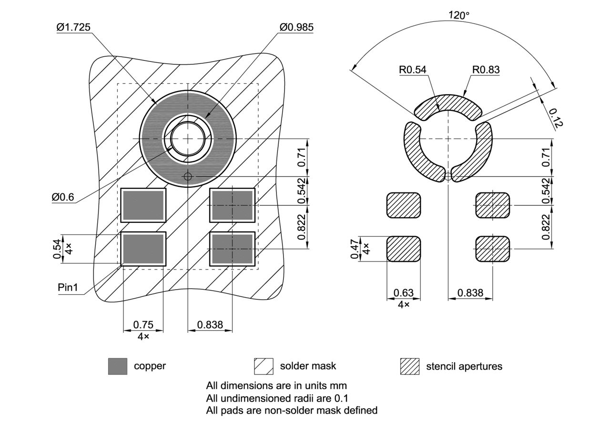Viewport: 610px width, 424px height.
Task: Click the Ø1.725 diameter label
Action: click(x=73, y=28)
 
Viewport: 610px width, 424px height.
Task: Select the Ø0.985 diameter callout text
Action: click(x=296, y=27)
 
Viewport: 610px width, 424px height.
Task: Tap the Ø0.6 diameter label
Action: click(x=63, y=197)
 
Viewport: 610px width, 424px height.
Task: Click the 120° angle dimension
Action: click(x=459, y=15)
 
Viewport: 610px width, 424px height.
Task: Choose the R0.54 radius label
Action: click(x=413, y=70)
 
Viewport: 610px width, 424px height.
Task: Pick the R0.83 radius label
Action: click(x=486, y=70)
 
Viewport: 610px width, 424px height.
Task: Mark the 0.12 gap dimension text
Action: click(x=556, y=118)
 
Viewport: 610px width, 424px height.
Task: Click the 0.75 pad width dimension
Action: click(x=143, y=324)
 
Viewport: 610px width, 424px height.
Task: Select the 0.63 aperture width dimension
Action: click(x=403, y=293)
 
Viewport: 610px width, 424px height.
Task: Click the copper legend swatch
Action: click(x=118, y=366)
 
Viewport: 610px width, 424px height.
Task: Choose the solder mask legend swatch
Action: click(x=264, y=366)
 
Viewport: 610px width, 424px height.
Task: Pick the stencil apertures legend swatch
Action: click(x=409, y=366)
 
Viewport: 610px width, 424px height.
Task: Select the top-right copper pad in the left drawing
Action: click(x=232, y=205)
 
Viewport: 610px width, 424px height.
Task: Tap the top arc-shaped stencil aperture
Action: click(x=448, y=105)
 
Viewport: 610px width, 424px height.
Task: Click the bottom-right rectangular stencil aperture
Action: click(x=493, y=249)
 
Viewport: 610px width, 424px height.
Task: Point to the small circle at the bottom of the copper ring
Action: click(x=188, y=177)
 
